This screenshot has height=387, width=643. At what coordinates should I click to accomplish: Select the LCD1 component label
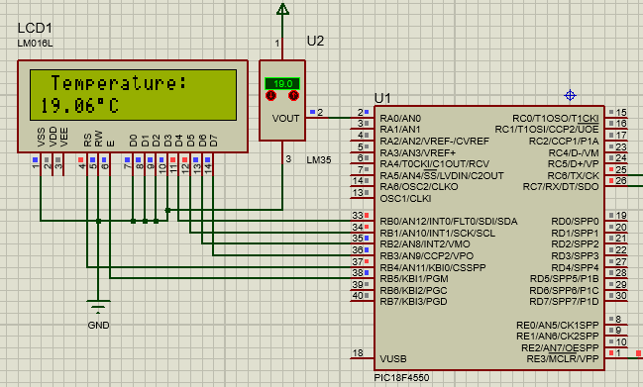[36, 28]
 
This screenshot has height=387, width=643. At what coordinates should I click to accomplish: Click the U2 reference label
[315, 41]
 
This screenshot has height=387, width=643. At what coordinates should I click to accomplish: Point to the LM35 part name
[320, 159]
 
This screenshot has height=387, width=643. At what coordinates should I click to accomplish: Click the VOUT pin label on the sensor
[284, 118]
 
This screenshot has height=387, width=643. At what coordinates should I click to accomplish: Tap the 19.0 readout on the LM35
[282, 84]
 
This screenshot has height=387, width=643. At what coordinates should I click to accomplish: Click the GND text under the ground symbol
[99, 326]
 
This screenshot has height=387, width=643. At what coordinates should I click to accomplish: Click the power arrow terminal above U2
[283, 11]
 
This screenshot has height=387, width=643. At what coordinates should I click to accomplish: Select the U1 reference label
[382, 97]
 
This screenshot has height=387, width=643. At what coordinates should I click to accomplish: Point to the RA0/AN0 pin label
[400, 118]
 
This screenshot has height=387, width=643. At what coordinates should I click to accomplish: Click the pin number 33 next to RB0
[358, 215]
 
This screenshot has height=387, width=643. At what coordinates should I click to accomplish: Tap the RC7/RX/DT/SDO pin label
[561, 187]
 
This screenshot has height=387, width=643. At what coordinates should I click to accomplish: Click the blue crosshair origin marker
[570, 95]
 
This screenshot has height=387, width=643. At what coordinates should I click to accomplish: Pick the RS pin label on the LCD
[86, 140]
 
